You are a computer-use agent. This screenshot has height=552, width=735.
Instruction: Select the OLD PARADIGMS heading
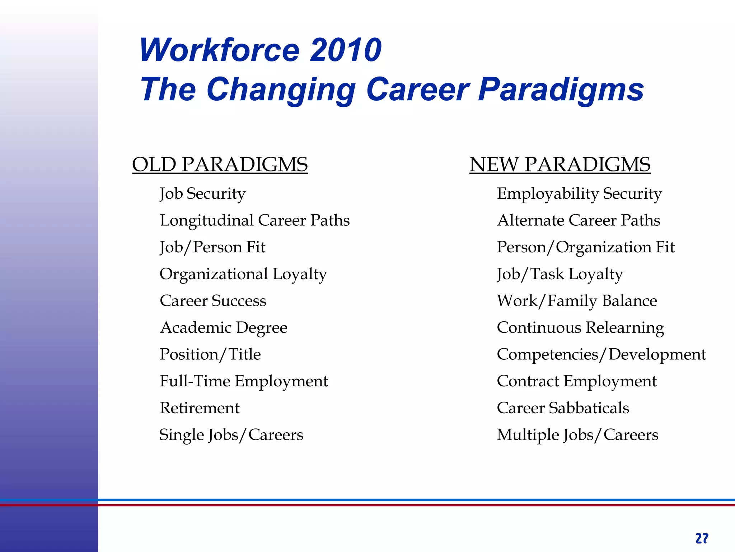(220, 165)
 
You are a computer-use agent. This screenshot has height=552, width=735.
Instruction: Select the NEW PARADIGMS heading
(560, 165)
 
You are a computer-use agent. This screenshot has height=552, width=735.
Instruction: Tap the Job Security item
(202, 194)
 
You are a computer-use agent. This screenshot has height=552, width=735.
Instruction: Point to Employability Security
(579, 194)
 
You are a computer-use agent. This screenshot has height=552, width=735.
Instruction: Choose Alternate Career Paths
(578, 220)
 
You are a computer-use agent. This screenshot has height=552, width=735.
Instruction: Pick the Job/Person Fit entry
(212, 247)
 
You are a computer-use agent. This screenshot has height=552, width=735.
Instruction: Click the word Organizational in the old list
(214, 274)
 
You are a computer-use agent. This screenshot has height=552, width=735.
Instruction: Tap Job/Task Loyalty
(560, 274)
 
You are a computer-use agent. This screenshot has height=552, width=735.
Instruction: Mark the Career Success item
(213, 301)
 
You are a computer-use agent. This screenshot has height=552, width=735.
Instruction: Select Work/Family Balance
(577, 301)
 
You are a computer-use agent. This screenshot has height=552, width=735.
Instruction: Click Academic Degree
(223, 327)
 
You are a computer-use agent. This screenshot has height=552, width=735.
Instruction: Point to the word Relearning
(625, 327)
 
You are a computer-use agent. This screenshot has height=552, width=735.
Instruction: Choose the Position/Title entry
(210, 354)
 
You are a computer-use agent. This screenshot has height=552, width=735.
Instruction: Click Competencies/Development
(601, 354)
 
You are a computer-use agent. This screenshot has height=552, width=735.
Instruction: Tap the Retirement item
(200, 408)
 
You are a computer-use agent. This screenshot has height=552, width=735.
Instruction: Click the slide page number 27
(702, 538)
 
